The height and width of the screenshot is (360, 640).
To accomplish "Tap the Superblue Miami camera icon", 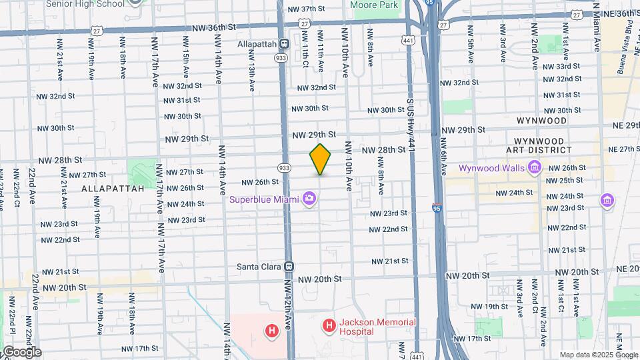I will coord(309,198).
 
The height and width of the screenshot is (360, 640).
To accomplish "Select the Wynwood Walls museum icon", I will coord(534,167).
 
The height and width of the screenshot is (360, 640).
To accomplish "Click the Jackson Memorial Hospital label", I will coord(377,327).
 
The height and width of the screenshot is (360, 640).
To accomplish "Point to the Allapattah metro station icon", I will coord(283,44).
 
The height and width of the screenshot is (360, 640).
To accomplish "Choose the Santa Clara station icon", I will coord(289,266).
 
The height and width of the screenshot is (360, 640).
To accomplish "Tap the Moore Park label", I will coord(374,5).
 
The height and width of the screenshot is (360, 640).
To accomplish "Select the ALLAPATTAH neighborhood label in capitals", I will coord(113,189).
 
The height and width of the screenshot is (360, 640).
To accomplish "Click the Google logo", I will coord(21,351).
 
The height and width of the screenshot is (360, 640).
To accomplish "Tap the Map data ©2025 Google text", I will coord(597,355).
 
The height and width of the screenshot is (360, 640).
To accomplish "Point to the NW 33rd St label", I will coord(558,67).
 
